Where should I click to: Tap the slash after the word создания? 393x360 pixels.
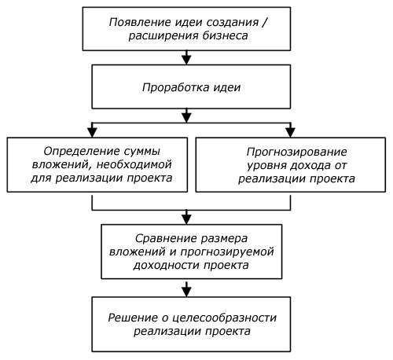pyautogui.click(x=264, y=23)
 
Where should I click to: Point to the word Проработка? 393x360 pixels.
pyautogui.click(x=175, y=87)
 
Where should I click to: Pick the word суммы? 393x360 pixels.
pyautogui.click(x=143, y=152)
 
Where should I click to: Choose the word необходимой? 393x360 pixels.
pyautogui.click(x=134, y=164)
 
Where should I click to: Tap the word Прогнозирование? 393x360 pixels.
pyautogui.click(x=296, y=152)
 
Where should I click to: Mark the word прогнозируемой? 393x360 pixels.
pyautogui.click(x=227, y=252)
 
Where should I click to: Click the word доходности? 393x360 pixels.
pyautogui.click(x=167, y=266)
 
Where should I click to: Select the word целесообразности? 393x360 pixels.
pyautogui.click(x=225, y=318)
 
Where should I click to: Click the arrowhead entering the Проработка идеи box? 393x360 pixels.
pyautogui.click(x=186, y=60)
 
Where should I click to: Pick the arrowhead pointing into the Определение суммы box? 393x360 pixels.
pyautogui.click(x=92, y=132)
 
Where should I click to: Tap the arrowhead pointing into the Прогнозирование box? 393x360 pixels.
pyautogui.click(x=290, y=132)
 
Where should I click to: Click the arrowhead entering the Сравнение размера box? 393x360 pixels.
pyautogui.click(x=186, y=219)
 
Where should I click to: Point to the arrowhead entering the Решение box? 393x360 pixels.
pyautogui.click(x=186, y=292)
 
